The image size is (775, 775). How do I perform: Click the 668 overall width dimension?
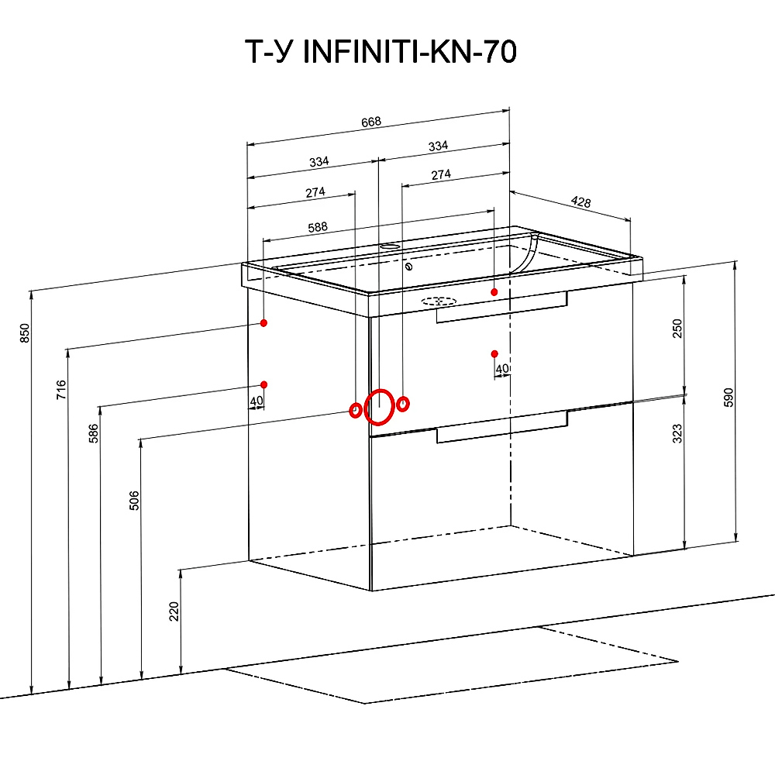(373, 122)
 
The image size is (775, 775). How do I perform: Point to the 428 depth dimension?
(580, 202)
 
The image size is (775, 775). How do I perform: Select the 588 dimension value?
(318, 228)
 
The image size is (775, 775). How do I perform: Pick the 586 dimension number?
(94, 435)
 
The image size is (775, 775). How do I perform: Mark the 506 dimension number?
(133, 501)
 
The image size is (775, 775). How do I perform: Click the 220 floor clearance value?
(174, 611)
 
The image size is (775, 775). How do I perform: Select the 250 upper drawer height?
(677, 329)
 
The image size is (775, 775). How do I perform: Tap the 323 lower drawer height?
(677, 433)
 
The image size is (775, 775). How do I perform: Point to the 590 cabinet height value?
(728, 397)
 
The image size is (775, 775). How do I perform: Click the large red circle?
(379, 408)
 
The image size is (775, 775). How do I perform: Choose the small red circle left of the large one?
(354, 410)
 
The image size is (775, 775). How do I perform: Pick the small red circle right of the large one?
(403, 404)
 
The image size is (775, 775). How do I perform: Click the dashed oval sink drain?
(439, 301)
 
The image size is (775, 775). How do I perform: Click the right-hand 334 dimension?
(438, 146)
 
